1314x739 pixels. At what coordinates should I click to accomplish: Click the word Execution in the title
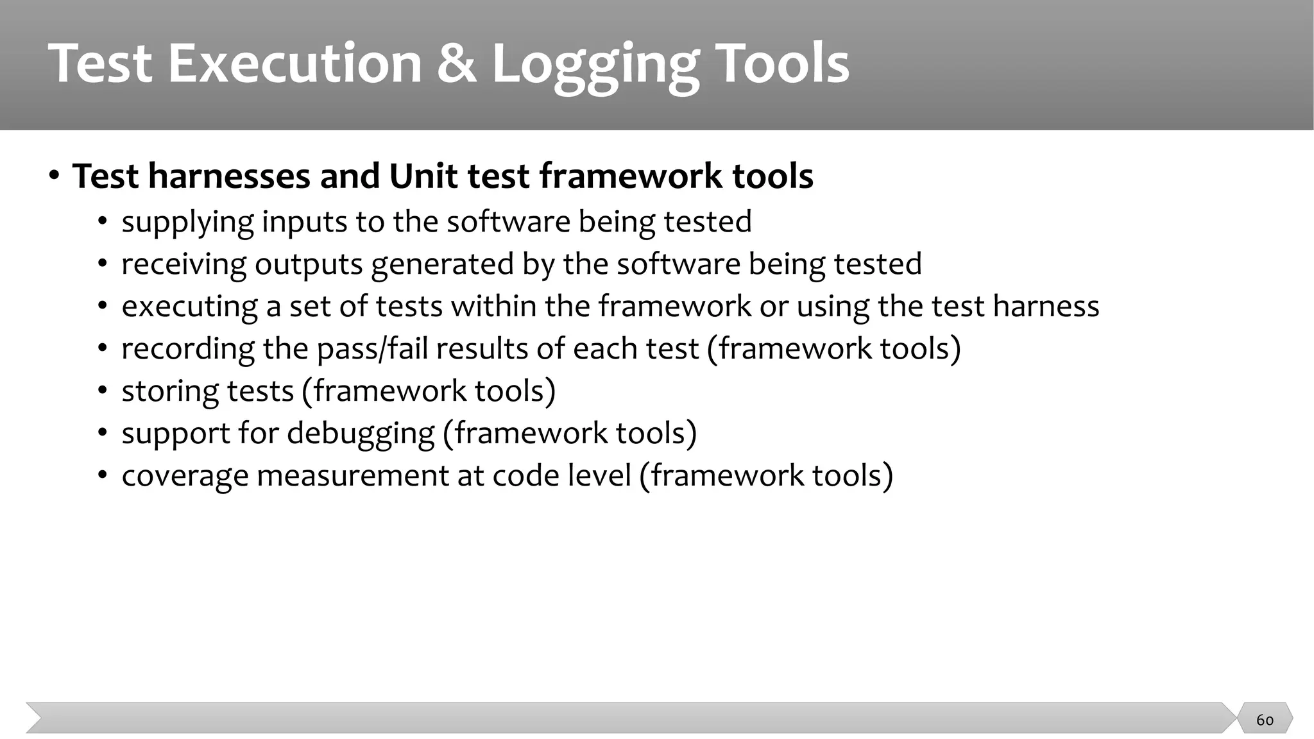point(294,64)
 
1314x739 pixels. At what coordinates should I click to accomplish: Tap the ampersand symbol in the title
point(457,64)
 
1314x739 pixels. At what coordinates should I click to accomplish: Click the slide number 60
point(1265,720)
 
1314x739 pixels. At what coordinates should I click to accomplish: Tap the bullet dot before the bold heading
point(55,176)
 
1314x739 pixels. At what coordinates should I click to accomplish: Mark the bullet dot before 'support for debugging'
point(103,433)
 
